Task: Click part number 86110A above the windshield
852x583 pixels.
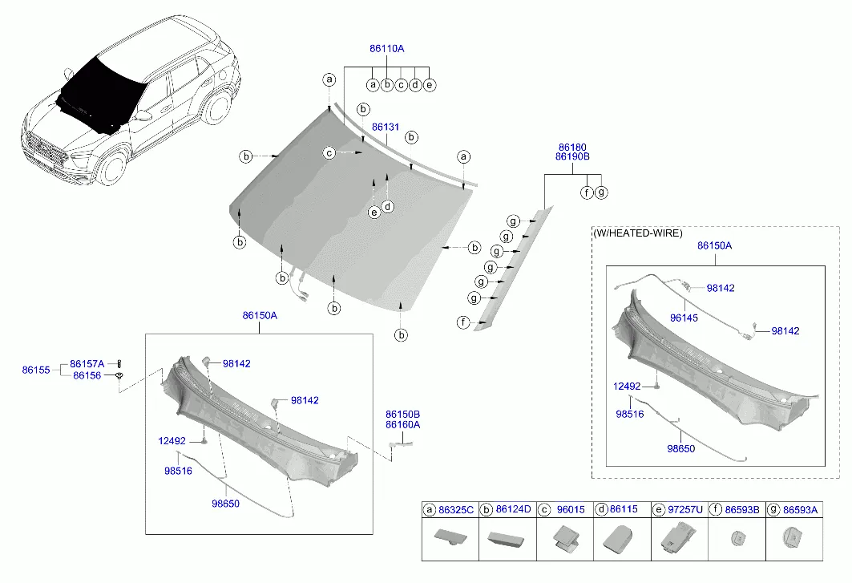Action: pyautogui.click(x=387, y=48)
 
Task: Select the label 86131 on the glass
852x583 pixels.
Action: pyautogui.click(x=386, y=127)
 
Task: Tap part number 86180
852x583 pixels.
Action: pyautogui.click(x=572, y=148)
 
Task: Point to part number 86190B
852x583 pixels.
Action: pyautogui.click(x=572, y=156)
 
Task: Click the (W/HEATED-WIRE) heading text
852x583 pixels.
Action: pyautogui.click(x=638, y=233)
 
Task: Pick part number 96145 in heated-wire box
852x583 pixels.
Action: pyautogui.click(x=684, y=318)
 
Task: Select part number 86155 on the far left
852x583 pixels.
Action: pyautogui.click(x=36, y=370)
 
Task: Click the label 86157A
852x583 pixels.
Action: pyautogui.click(x=87, y=364)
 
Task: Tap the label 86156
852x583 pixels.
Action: pyautogui.click(x=87, y=375)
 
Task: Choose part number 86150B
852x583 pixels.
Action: pyautogui.click(x=402, y=415)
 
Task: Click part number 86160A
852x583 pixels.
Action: pyautogui.click(x=402, y=425)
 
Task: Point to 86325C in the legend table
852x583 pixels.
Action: pyautogui.click(x=456, y=510)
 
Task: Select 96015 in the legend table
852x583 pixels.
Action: pyautogui.click(x=571, y=510)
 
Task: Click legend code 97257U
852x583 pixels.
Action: pyautogui.click(x=685, y=509)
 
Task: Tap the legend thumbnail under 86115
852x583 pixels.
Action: pyautogui.click(x=618, y=539)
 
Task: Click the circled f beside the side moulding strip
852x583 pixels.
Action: pyautogui.click(x=463, y=322)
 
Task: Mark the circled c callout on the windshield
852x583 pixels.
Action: pyautogui.click(x=329, y=153)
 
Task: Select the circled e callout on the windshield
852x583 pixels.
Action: pyautogui.click(x=374, y=212)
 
